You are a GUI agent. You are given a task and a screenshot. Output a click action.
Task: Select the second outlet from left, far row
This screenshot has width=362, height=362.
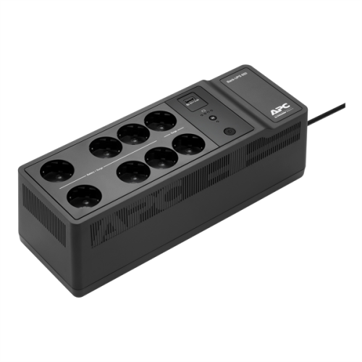(x=106, y=147)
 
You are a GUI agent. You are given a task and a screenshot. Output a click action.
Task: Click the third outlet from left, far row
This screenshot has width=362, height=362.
(x=133, y=134)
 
